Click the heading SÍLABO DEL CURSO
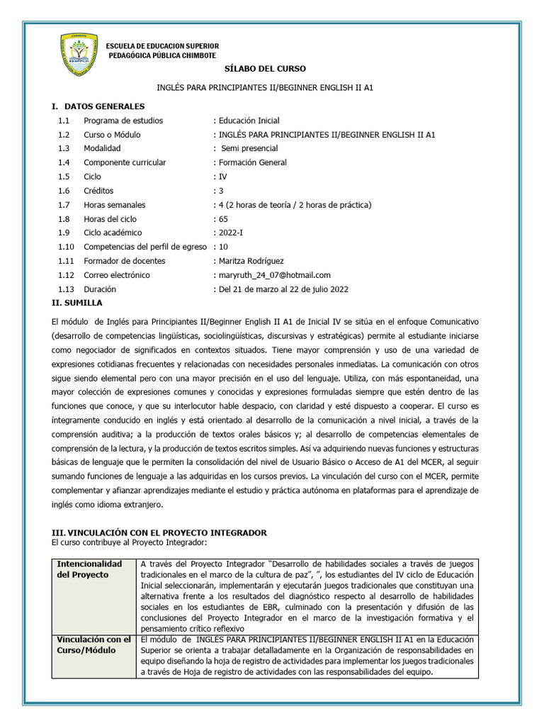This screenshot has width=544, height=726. pos(265,69)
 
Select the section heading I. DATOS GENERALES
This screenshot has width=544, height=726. pos(98,106)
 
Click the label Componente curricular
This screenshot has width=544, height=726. pos(125,162)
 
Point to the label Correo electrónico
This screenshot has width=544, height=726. pos(117,275)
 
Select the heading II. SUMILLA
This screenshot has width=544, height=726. pos(77,302)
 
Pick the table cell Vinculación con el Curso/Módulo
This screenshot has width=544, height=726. pos(93,644)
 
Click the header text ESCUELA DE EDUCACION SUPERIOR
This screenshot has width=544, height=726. pos(162,45)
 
